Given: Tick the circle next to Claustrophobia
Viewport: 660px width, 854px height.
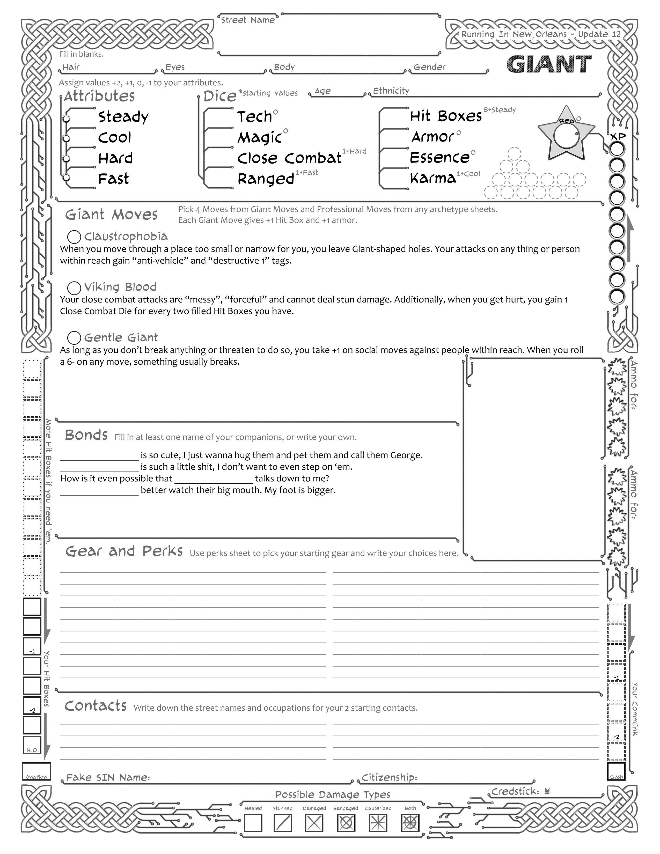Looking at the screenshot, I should tap(74, 237).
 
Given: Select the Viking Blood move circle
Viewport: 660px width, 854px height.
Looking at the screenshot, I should tap(74, 288).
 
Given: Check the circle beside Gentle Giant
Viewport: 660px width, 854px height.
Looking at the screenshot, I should tap(74, 338).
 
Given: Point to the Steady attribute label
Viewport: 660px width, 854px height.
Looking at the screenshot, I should tap(123, 117).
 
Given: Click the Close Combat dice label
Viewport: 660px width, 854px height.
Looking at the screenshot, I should tap(289, 158).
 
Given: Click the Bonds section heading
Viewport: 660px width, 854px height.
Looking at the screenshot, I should tap(86, 435).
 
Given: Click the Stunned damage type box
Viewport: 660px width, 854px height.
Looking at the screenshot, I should tap(283, 823).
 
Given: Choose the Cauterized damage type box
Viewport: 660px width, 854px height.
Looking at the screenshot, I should tap(378, 823).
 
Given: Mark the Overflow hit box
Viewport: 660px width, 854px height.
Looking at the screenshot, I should tap(36, 771).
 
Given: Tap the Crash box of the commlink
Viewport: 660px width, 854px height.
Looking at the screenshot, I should tap(616, 771).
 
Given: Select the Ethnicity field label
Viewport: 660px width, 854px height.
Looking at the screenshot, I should tap(391, 91).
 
